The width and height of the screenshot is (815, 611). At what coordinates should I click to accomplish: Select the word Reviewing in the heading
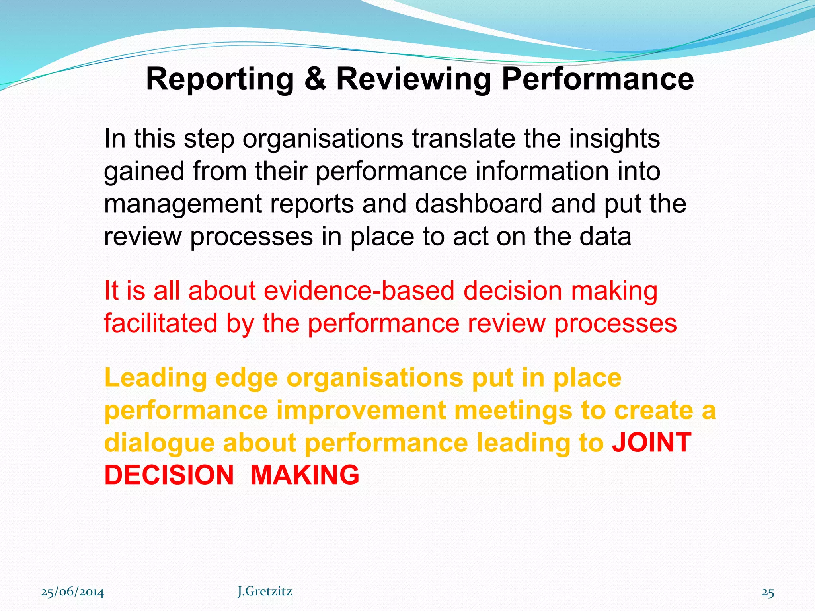coord(414,80)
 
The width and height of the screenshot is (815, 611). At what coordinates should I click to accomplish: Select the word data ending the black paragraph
coord(605,236)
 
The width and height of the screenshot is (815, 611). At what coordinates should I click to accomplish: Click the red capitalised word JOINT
coord(651,442)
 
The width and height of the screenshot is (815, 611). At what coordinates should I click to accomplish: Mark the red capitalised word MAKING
coord(305,475)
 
